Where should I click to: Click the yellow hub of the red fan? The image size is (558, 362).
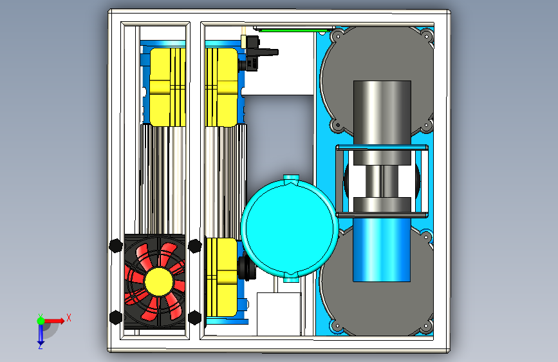coord(159,281)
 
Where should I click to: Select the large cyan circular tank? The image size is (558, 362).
coord(290,228)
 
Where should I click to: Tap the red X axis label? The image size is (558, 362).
coord(69,318)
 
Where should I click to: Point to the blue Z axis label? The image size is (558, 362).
coord(40,346)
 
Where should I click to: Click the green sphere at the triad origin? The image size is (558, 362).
coord(41,321)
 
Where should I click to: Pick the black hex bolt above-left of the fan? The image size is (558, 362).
coord(116,246)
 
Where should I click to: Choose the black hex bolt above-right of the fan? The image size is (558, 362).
coord(194,246)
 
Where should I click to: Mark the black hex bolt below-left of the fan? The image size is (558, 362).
coord(116,317)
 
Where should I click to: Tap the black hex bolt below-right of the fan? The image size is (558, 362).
coord(194,317)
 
